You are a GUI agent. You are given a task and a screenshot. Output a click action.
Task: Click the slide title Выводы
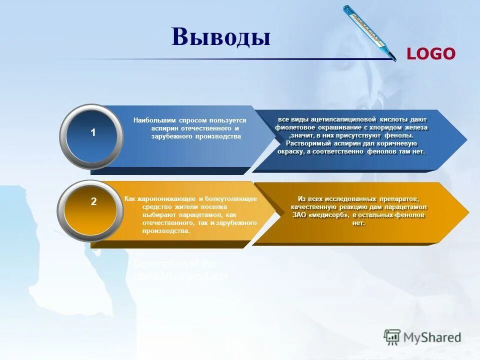pos(220,37)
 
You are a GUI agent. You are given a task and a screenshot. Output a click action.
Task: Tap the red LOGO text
pos(430,54)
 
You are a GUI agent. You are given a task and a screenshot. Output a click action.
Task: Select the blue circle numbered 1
pos(92,133)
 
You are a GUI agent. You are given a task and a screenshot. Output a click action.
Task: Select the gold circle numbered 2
pos(93,202)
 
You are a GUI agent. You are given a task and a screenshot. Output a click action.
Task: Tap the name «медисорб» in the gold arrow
pos(326,215)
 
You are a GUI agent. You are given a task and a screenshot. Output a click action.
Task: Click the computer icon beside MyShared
pos(392,337)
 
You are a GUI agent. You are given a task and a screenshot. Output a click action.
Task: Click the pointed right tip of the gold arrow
pos(467,212)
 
